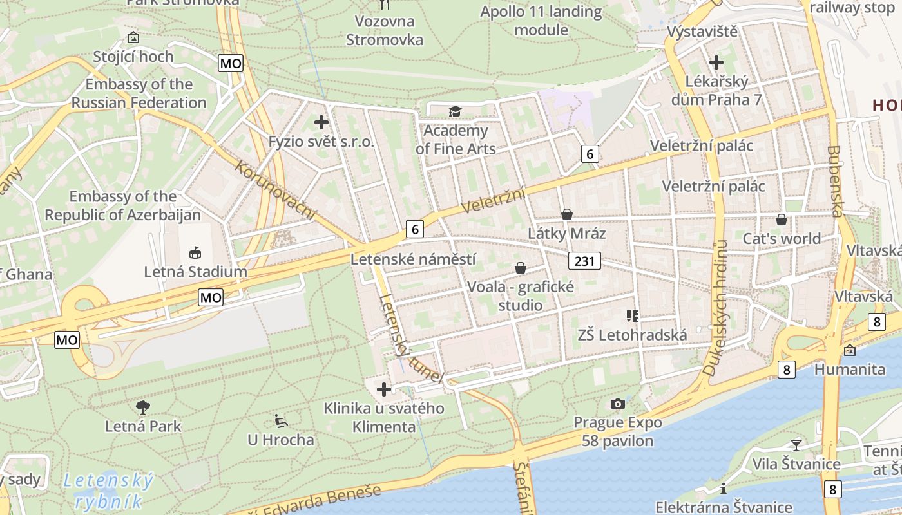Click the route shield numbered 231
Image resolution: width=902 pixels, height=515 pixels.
point(584,261)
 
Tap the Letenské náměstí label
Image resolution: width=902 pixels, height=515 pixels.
point(413,259)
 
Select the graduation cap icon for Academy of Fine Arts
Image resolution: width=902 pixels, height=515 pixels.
point(456,112)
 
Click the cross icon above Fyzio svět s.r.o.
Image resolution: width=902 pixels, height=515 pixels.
point(321,122)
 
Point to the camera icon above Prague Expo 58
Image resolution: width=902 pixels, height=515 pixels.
point(617,404)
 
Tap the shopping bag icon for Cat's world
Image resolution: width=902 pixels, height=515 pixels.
point(782,220)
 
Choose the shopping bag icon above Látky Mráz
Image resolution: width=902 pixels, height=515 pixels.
point(567,214)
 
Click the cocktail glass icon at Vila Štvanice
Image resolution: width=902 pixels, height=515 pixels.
point(796,445)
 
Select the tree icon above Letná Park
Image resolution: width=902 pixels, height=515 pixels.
point(143,406)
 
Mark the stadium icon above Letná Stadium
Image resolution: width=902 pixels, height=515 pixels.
point(195,252)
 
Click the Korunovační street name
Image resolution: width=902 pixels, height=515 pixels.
point(276,190)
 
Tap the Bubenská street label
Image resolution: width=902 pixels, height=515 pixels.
point(836,181)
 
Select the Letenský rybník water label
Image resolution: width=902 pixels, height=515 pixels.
point(108,491)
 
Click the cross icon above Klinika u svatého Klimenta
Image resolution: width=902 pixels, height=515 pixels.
point(384,389)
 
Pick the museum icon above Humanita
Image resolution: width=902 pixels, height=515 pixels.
point(850,350)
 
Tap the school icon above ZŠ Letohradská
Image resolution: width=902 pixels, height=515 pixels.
point(633,315)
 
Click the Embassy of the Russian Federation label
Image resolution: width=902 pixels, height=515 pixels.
point(139,93)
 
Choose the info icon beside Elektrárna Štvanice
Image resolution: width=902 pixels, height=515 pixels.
point(723,488)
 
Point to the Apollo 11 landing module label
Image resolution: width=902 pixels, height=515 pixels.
point(541,21)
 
